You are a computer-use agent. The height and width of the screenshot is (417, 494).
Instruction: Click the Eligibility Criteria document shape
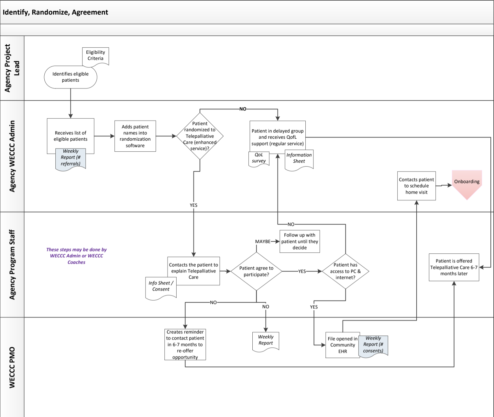pyautogui.click(x=95, y=56)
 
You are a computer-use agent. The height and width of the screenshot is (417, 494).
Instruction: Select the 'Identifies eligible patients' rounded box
pyautogui.click(x=71, y=77)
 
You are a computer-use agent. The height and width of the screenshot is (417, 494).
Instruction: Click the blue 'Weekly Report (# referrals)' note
pyautogui.click(x=71, y=158)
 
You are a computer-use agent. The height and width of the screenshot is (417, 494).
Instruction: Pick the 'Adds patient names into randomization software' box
pyautogui.click(x=135, y=136)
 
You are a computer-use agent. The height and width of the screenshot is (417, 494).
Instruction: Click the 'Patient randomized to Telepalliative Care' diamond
pyautogui.click(x=200, y=136)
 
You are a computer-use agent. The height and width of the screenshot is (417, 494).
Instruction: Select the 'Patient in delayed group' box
pyautogui.click(x=278, y=134)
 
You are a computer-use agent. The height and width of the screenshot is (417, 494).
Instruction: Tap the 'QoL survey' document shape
pyautogui.click(x=259, y=158)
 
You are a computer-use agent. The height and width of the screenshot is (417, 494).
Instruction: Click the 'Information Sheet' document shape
pyautogui.click(x=299, y=159)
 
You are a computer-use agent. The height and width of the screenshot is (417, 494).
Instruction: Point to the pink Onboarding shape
pyautogui.click(x=467, y=183)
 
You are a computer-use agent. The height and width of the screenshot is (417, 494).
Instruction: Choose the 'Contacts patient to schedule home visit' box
pyautogui.click(x=416, y=186)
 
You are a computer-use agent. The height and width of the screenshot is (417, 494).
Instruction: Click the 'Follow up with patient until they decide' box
pyautogui.click(x=300, y=241)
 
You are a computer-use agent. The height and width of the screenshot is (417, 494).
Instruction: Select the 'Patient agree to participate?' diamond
pyautogui.click(x=256, y=271)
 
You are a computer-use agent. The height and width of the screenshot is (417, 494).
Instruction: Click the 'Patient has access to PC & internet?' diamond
pyautogui.click(x=346, y=271)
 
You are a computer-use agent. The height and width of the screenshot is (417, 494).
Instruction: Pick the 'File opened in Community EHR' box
pyautogui.click(x=342, y=345)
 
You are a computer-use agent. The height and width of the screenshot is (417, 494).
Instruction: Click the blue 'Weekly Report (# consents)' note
pyautogui.click(x=373, y=345)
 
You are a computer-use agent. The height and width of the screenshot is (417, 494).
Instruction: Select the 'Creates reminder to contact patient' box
pyautogui.click(x=185, y=344)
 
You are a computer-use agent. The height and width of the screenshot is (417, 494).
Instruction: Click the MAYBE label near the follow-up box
pyautogui.click(x=263, y=241)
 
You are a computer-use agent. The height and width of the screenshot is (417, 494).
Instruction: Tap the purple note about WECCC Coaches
pyautogui.click(x=76, y=256)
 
